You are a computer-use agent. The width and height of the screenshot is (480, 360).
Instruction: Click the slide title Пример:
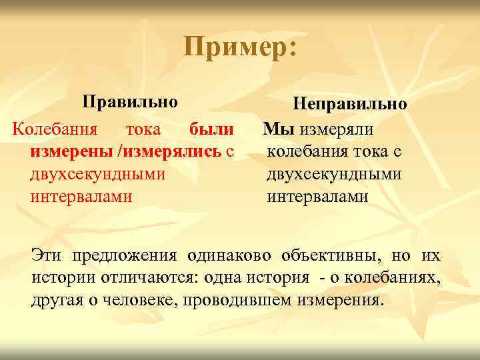point(241,48)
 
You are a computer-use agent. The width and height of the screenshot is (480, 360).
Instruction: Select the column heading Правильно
point(130,103)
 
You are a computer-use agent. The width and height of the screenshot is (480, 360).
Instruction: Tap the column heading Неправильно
point(349,105)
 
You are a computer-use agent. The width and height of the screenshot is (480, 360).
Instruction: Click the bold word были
point(212,128)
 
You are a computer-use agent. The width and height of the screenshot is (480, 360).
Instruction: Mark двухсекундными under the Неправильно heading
point(334,174)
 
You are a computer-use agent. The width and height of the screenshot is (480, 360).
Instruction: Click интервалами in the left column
point(81,197)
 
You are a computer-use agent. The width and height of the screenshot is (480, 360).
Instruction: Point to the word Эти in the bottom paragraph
point(49,255)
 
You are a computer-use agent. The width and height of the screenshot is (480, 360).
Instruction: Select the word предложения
point(125,255)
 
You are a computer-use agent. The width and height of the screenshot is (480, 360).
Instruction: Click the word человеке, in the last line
point(136,300)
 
